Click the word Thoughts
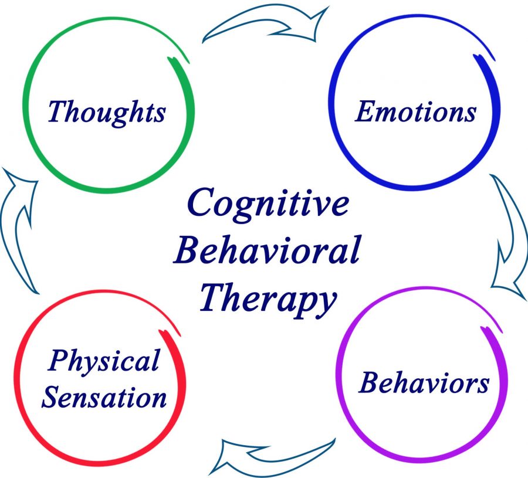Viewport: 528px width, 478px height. point(107,113)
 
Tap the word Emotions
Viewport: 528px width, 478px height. point(416,111)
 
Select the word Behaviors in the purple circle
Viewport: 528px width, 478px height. point(424,382)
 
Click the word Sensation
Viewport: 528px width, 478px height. point(104,397)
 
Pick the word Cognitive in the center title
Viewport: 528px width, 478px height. point(268,204)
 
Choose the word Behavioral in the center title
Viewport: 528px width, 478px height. point(268,249)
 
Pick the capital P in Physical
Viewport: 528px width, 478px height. point(60,360)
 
